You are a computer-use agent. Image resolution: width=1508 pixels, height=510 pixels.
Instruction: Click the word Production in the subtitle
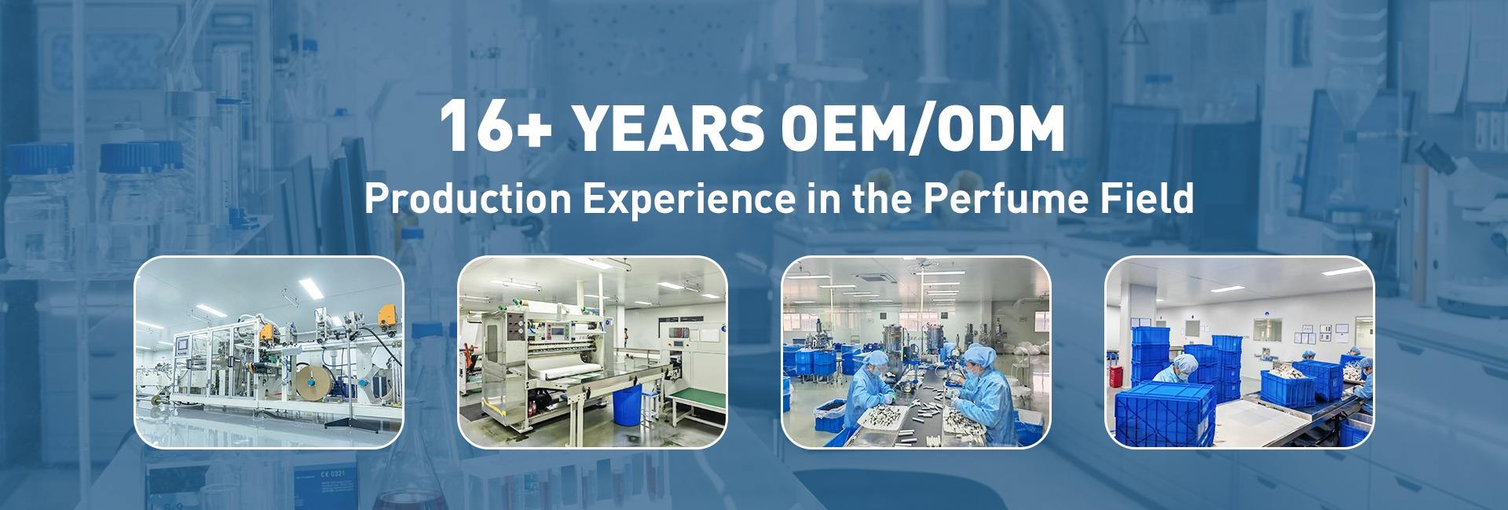(x=467, y=199)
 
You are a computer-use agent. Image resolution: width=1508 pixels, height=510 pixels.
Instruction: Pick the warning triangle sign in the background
(x=1133, y=31)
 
